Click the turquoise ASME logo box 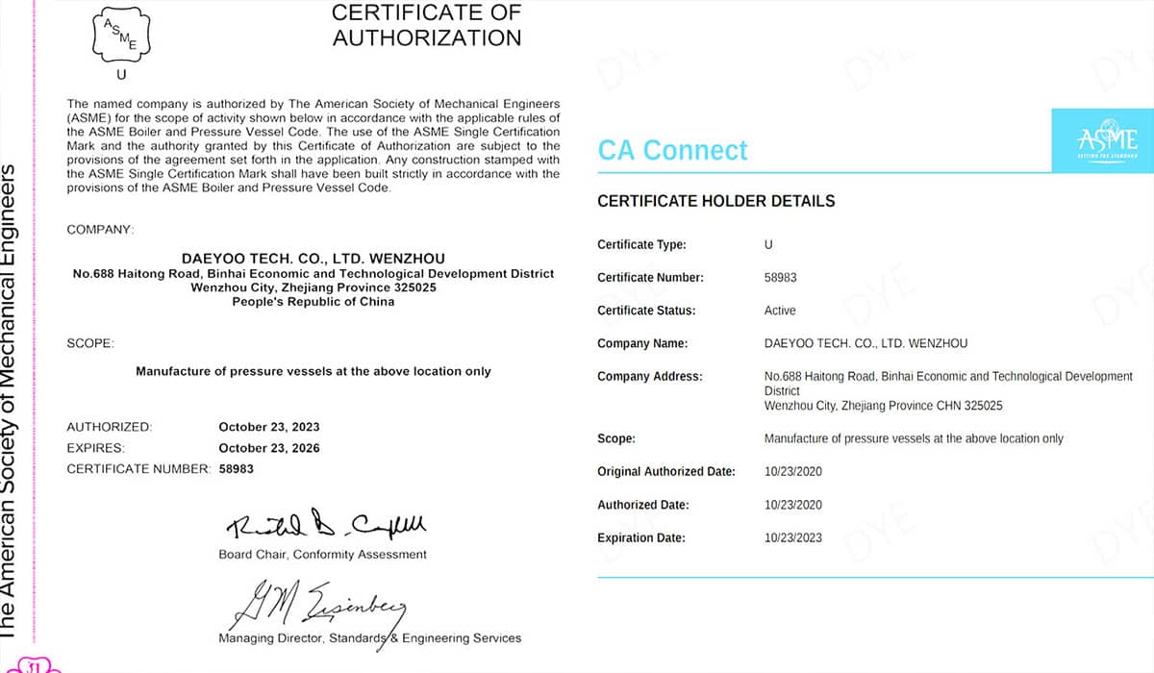(x=1102, y=141)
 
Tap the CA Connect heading (x=672, y=150)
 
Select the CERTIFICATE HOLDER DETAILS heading (x=715, y=202)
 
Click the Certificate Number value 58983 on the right (x=780, y=278)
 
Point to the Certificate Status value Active (x=780, y=311)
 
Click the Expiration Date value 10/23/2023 (x=792, y=537)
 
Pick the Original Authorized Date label (x=665, y=472)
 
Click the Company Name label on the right (x=641, y=343)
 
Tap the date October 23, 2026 (x=269, y=448)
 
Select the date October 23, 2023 (x=269, y=427)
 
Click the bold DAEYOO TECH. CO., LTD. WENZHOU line (x=314, y=259)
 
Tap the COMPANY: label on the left (x=100, y=231)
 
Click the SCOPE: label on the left (x=90, y=342)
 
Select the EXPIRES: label (x=95, y=448)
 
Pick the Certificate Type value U (x=768, y=245)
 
